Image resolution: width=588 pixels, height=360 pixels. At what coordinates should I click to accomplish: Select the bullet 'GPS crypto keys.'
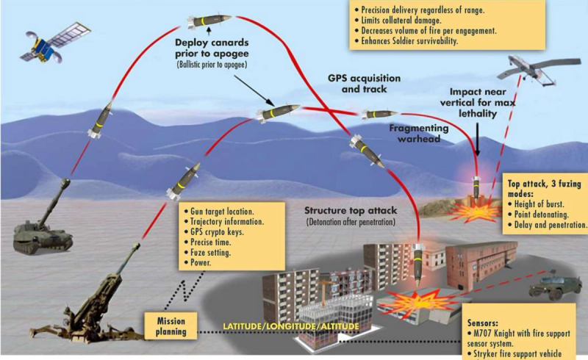click(214, 231)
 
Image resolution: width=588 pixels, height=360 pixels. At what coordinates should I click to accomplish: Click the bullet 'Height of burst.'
click(547, 203)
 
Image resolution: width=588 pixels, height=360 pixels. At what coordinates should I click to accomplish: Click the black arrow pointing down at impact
click(478, 140)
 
